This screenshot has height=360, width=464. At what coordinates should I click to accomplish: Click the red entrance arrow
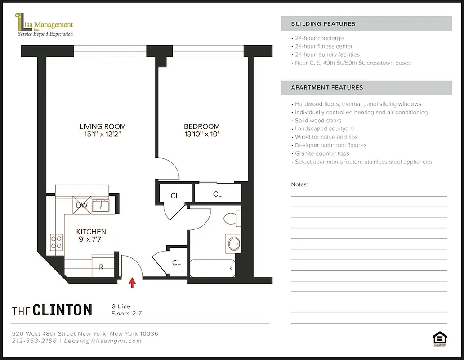(132, 282)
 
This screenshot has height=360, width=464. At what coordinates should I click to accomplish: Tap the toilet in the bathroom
(232, 219)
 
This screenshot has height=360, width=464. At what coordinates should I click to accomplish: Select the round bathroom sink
(234, 243)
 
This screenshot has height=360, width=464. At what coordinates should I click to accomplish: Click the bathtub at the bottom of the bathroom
(212, 269)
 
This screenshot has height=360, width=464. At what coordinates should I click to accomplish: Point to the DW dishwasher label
(82, 205)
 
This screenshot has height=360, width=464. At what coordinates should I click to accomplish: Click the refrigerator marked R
(101, 266)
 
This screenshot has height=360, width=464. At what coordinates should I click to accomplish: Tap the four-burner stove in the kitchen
(57, 242)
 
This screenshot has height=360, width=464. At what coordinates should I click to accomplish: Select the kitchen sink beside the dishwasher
(101, 206)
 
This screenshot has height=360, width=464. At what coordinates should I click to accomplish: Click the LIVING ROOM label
(103, 126)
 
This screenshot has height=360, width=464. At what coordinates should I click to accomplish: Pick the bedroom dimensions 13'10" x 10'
(201, 134)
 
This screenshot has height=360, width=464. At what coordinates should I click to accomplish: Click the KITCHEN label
(91, 232)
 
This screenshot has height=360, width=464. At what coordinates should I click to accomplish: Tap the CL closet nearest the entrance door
(176, 262)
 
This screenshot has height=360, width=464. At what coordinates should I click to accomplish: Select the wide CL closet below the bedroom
(217, 194)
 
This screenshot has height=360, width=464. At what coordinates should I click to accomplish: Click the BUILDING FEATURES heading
(323, 24)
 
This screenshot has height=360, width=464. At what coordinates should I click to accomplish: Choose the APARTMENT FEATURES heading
(327, 88)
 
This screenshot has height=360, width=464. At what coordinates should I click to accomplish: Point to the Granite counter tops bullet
(321, 153)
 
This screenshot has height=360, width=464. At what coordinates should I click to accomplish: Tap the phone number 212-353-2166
(34, 341)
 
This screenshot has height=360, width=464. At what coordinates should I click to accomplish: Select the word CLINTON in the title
(62, 310)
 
